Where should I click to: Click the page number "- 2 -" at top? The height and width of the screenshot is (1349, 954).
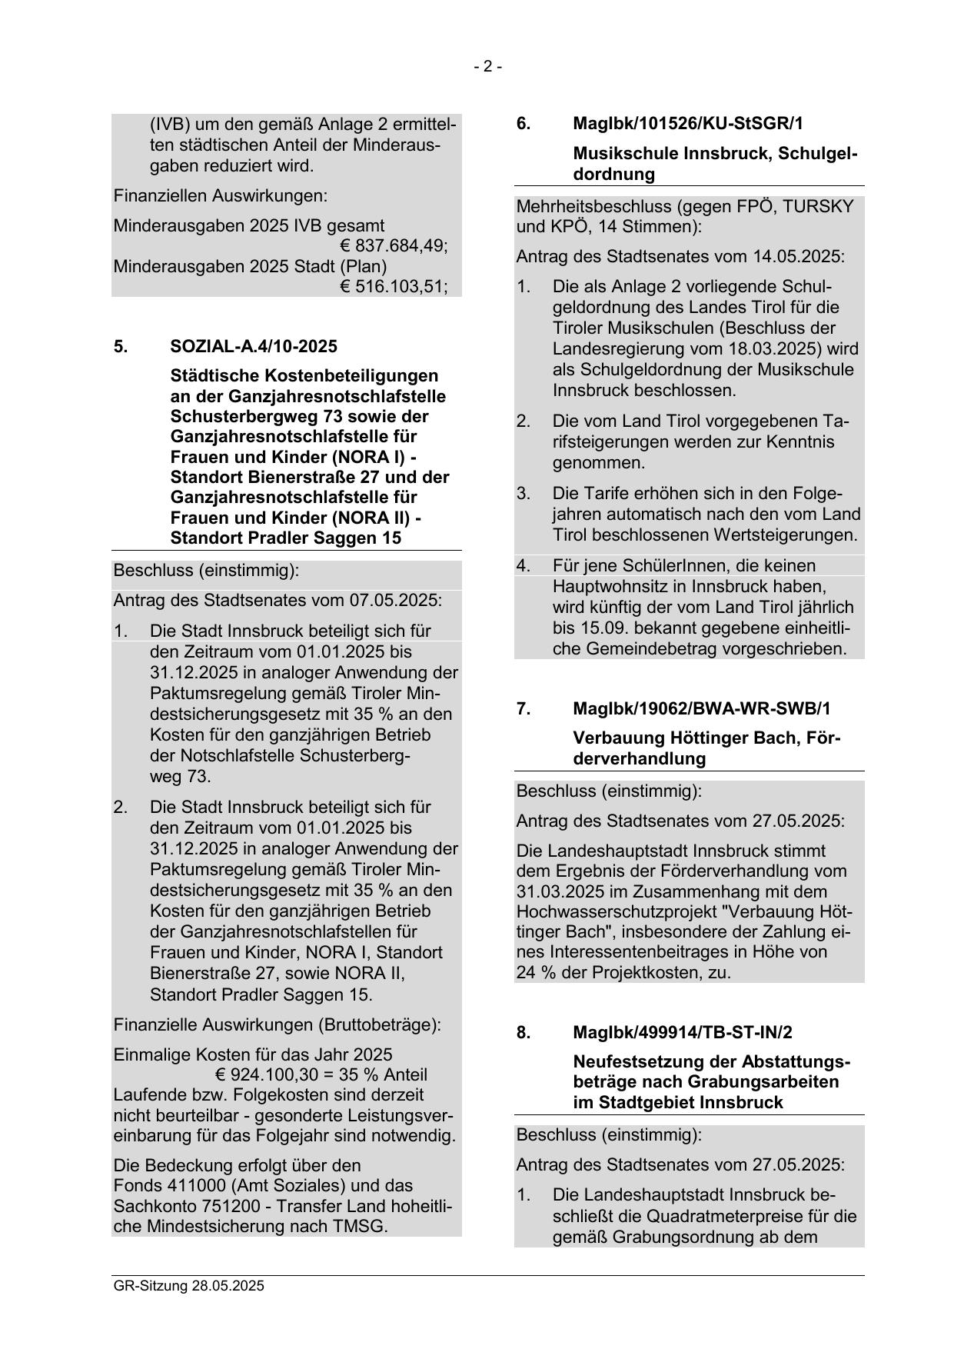click(487, 67)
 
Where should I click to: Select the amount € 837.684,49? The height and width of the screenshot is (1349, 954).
click(394, 246)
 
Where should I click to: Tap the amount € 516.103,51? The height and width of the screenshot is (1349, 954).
click(394, 287)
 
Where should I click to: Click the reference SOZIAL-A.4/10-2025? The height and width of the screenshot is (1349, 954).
click(254, 346)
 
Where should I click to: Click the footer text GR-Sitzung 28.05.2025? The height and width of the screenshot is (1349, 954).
click(188, 1285)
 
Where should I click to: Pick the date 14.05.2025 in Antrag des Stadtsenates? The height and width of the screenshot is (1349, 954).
click(798, 256)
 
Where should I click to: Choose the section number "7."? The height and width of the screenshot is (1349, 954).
click(523, 708)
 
